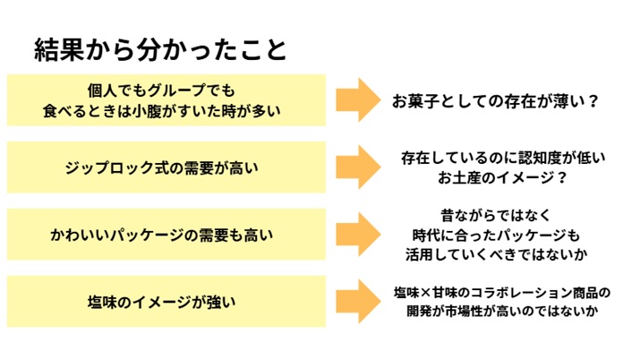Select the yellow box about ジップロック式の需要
165,167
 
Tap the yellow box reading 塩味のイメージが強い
165,302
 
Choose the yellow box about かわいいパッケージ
165,235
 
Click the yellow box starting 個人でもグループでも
165,100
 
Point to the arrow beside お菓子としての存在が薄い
359,100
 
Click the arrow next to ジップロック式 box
359,167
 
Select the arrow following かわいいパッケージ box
359,235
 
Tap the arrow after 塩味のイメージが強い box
359,302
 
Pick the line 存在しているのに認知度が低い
503,158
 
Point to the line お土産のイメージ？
502,177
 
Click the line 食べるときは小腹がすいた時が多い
162,111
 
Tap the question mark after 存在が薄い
592,101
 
